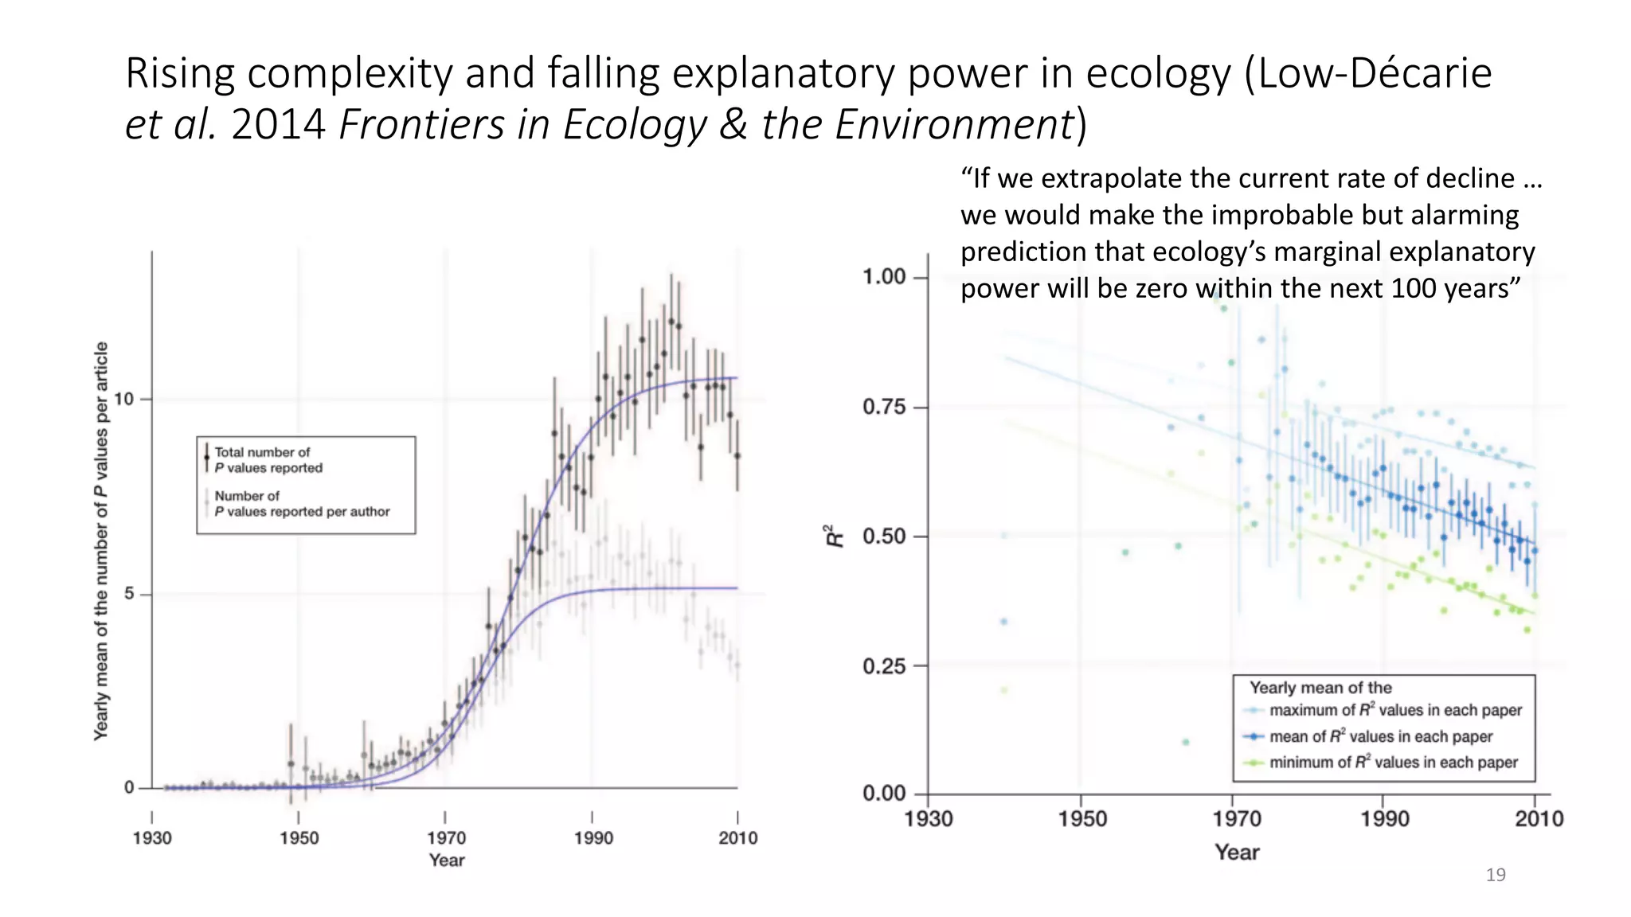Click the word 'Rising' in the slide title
pos(179,73)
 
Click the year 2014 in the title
pos(278,125)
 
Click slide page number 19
pos(1496,875)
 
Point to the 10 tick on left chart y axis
pos(124,399)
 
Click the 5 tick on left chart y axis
pos(129,594)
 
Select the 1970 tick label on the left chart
pos(446,837)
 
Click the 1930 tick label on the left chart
pos(152,837)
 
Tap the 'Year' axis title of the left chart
pos(447,860)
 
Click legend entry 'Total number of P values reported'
pos(268,460)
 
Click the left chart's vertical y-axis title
pos(101,541)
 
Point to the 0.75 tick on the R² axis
pos(884,408)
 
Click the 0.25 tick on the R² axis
pos(884,666)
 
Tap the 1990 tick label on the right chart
pos(1384,818)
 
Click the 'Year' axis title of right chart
pos(1237,853)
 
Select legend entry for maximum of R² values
pos(1394,710)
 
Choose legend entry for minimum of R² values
pos(1392,763)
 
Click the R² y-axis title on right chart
pos(834,536)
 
